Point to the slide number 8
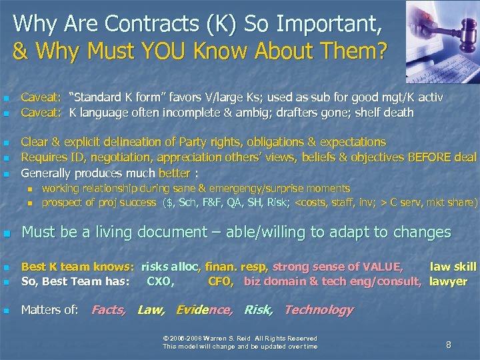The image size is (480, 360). coord(449,345)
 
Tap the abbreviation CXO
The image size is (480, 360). coord(161,281)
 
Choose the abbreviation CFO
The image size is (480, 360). coord(220,281)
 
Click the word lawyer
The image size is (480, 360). coord(448,281)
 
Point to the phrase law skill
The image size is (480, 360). coord(453,267)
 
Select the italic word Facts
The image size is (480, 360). coord(109,309)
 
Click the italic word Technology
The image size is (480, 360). coord(319,309)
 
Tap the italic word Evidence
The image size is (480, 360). coord(205,309)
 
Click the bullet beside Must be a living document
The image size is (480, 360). coord(7,233)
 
